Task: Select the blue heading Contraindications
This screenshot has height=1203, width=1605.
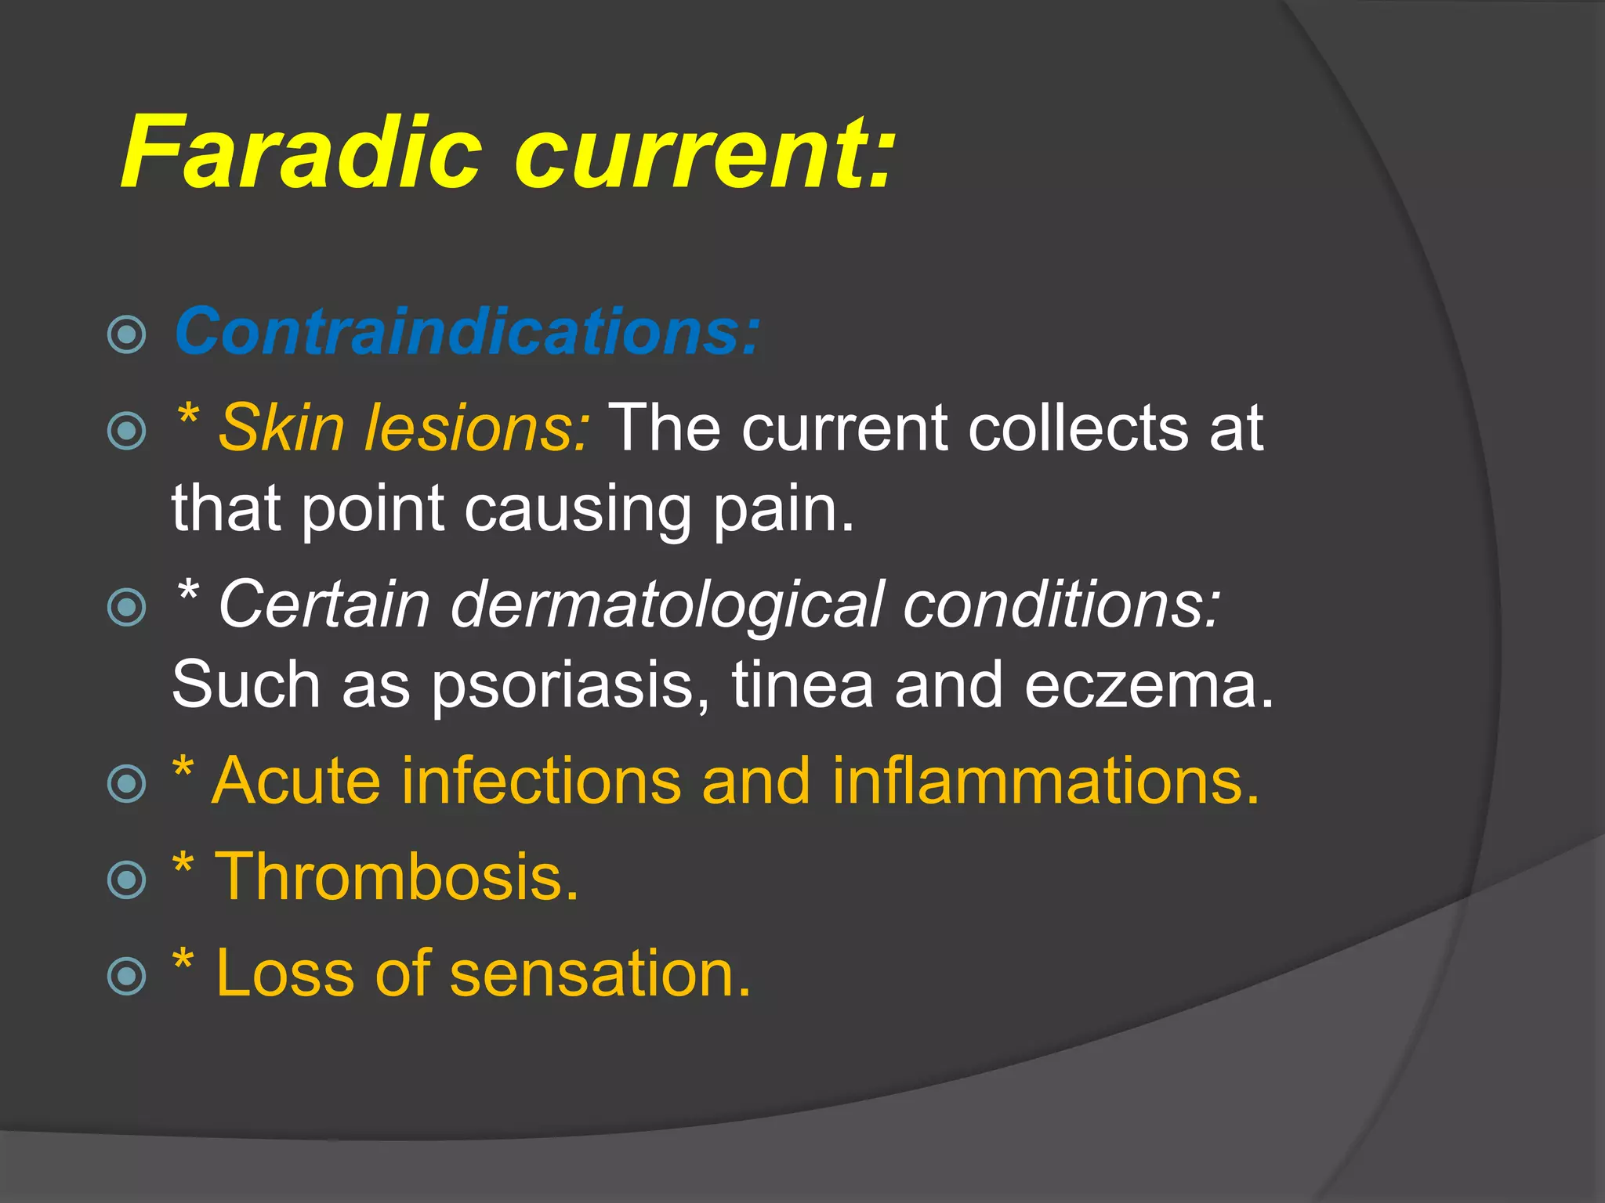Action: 467,332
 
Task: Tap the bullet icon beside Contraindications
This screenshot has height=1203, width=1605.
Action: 126,335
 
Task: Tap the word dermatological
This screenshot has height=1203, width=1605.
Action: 666,605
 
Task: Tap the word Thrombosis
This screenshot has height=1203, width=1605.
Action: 397,876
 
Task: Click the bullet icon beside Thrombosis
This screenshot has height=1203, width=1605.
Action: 126,880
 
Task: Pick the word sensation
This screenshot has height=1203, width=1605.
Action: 600,974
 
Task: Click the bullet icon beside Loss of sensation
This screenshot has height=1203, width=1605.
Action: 126,976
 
